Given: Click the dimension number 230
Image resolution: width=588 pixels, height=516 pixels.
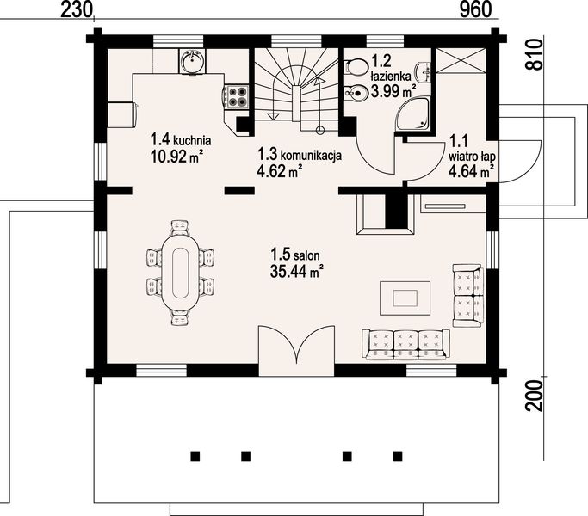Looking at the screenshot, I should click(x=77, y=9).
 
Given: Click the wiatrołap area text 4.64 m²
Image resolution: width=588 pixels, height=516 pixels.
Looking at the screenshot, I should click(x=471, y=171).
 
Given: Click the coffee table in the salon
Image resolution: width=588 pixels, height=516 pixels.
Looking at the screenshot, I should click(x=406, y=298).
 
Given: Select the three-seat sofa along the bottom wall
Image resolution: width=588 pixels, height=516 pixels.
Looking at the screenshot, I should click(x=405, y=344).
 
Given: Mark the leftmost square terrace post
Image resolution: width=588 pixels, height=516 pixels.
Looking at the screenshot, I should click(x=195, y=456).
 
